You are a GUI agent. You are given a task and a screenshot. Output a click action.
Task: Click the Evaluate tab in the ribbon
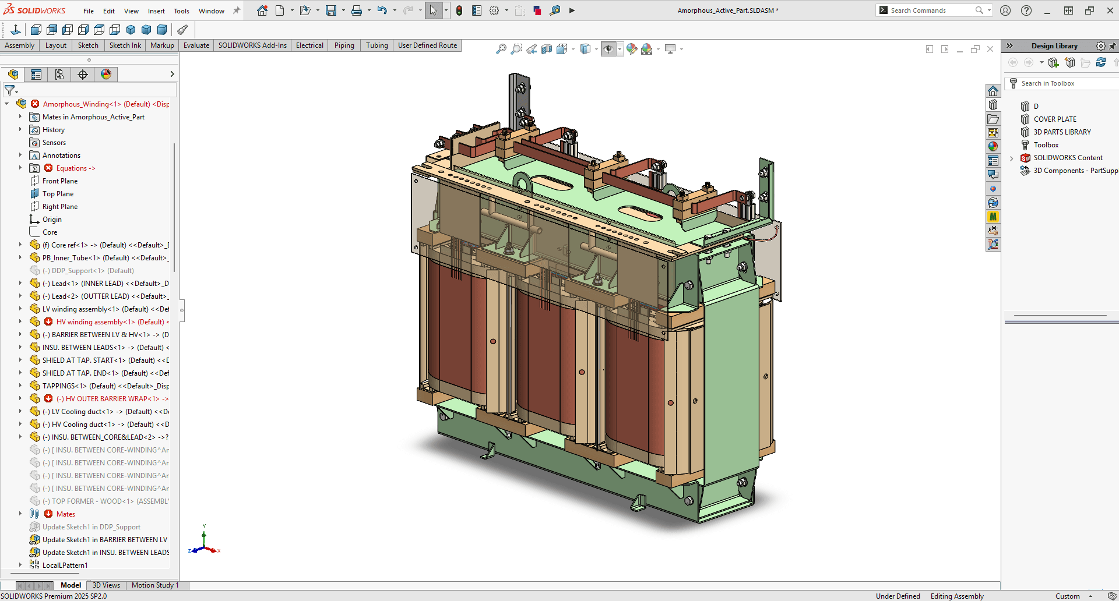click(196, 45)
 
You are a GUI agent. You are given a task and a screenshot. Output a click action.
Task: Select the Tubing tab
click(376, 45)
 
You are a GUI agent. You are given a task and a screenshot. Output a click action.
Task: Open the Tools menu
click(181, 11)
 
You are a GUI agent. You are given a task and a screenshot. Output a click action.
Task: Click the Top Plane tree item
click(58, 194)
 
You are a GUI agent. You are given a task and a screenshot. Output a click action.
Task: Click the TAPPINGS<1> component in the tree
click(64, 386)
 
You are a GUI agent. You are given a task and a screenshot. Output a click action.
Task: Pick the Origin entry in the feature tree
click(52, 220)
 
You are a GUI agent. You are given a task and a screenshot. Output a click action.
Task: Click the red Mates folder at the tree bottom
click(65, 514)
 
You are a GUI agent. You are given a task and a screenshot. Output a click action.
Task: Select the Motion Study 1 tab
click(155, 585)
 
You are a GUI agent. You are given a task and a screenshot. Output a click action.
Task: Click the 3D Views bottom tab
click(106, 585)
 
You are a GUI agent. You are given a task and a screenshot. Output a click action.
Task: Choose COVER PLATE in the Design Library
click(1055, 119)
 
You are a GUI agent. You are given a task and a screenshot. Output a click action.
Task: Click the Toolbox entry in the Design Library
click(1046, 145)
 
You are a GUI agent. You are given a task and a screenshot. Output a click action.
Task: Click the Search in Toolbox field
click(1061, 83)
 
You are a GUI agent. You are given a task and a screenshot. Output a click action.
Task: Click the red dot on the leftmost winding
click(493, 341)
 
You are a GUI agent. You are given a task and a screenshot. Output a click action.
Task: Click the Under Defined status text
click(898, 596)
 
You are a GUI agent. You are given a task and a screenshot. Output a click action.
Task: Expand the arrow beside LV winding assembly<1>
click(20, 309)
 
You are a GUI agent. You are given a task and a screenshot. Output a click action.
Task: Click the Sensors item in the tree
click(54, 143)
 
